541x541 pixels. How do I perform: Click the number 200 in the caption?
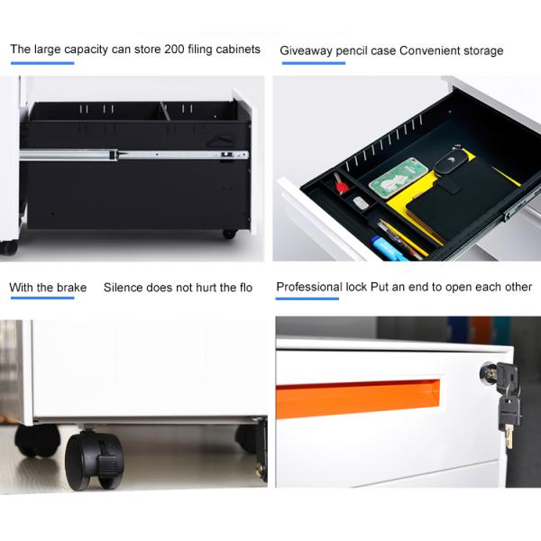[174, 49]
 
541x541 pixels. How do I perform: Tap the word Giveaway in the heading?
[306, 51]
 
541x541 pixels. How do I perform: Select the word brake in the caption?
[72, 288]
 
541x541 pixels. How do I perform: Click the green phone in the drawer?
[399, 178]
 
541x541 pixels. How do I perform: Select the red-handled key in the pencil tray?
[341, 183]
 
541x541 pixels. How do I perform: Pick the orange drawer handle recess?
[357, 398]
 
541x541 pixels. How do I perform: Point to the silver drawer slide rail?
[133, 154]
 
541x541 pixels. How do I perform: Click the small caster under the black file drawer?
[230, 234]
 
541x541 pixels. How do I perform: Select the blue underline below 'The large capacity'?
[42, 63]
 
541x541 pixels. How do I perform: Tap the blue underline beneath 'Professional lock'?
[307, 298]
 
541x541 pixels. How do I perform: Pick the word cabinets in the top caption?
[238, 49]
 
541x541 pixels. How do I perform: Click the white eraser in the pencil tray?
[361, 202]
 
